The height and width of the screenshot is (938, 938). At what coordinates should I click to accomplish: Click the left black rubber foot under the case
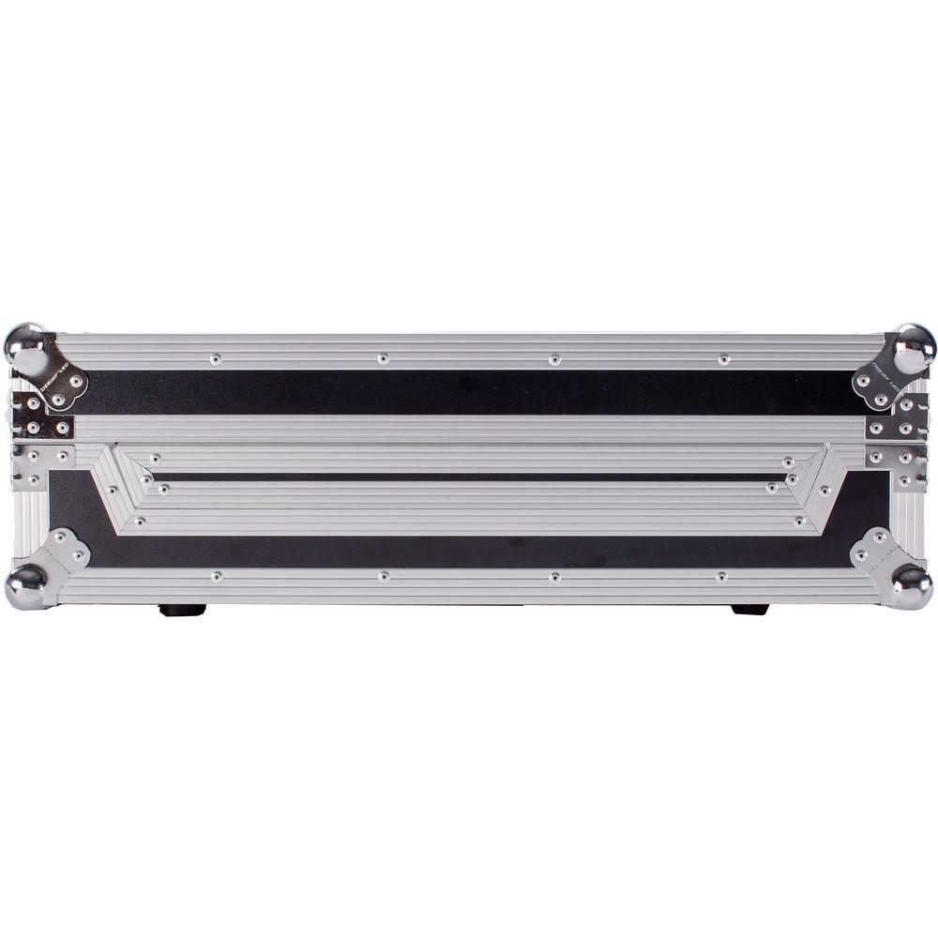pyautogui.click(x=182, y=610)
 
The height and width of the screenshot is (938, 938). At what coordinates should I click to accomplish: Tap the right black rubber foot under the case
pyautogui.click(x=749, y=610)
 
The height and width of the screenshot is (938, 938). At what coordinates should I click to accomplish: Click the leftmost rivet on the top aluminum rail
pyautogui.click(x=216, y=358)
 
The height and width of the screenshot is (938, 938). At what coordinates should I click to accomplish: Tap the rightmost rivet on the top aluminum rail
pyautogui.click(x=723, y=358)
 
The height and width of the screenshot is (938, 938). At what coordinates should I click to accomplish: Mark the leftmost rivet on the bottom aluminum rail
pyautogui.click(x=216, y=577)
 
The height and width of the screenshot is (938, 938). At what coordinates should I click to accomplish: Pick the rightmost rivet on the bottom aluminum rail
pyautogui.click(x=721, y=577)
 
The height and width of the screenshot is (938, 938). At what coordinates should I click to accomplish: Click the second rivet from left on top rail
pyautogui.click(x=383, y=358)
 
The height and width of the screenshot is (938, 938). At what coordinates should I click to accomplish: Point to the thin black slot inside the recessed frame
pyautogui.click(x=469, y=477)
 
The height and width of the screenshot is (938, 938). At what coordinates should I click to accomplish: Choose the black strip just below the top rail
pyautogui.click(x=469, y=392)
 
